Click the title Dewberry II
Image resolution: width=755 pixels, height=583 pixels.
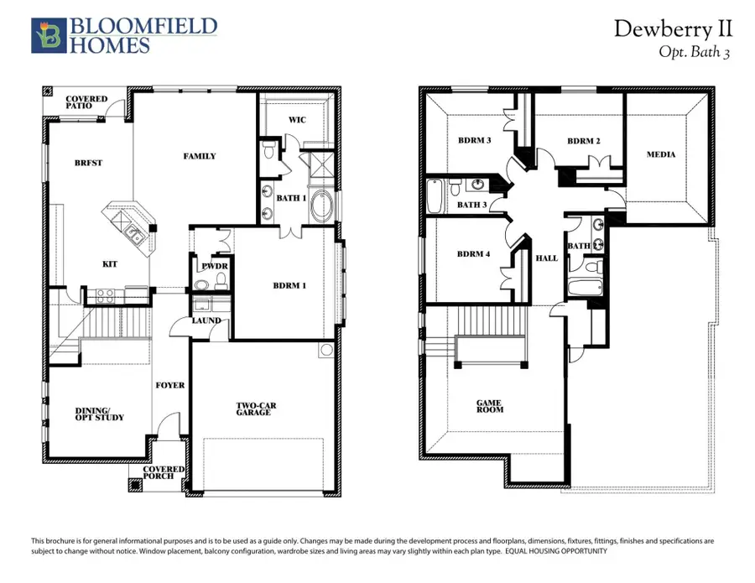(x=673, y=29)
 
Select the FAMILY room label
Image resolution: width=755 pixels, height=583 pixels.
(x=200, y=156)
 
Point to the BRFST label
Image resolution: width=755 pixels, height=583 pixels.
(x=89, y=163)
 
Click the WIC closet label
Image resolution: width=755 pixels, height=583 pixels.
(x=297, y=120)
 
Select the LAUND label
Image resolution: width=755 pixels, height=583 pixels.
(x=206, y=320)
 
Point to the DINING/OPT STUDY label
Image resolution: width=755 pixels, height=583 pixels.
(x=88, y=414)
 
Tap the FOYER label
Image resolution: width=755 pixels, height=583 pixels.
(x=169, y=385)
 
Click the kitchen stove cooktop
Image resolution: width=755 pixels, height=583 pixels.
(x=107, y=294)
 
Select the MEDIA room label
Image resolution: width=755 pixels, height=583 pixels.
(x=661, y=154)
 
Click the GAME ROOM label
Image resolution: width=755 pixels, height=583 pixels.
(x=490, y=408)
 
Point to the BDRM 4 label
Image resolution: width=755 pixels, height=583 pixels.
(x=474, y=254)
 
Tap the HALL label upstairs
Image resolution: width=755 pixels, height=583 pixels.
(x=547, y=258)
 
